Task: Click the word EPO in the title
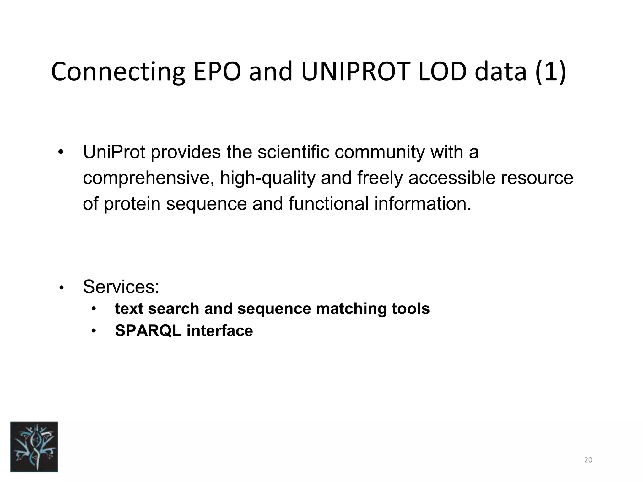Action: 217,72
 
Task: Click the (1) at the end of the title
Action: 550,72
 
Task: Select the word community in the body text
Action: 379,153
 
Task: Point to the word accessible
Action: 451,178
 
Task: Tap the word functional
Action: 328,204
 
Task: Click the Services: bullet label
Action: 121,287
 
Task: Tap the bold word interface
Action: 220,331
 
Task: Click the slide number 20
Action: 588,460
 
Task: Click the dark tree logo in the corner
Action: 34,447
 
